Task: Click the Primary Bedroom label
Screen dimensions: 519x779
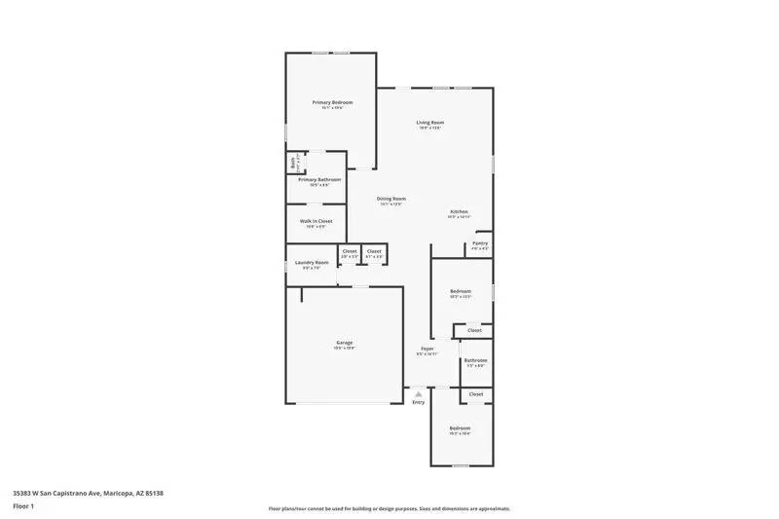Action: tap(332, 102)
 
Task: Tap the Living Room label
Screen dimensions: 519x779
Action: tap(430, 122)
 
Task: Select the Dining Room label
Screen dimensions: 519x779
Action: tap(391, 199)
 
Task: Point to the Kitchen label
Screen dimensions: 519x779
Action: tap(459, 211)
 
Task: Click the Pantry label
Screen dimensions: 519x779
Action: tap(480, 243)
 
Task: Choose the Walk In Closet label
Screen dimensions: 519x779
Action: tap(315, 221)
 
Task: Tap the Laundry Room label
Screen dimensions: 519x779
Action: tap(312, 262)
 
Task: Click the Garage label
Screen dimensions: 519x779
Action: tap(344, 342)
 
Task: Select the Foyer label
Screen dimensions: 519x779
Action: tap(427, 349)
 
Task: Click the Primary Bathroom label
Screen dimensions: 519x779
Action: tap(319, 179)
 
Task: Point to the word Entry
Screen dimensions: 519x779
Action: tap(419, 402)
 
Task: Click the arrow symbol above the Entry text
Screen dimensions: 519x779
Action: tap(419, 393)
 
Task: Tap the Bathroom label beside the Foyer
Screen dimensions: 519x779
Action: tap(475, 360)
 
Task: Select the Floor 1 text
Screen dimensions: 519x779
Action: tap(23, 506)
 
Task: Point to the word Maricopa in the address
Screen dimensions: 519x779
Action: tap(119, 494)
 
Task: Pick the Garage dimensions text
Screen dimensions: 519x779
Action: tap(344, 348)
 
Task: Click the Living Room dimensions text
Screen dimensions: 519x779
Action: tap(430, 128)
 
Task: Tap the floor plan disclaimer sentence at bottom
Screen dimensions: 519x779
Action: tap(389, 508)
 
